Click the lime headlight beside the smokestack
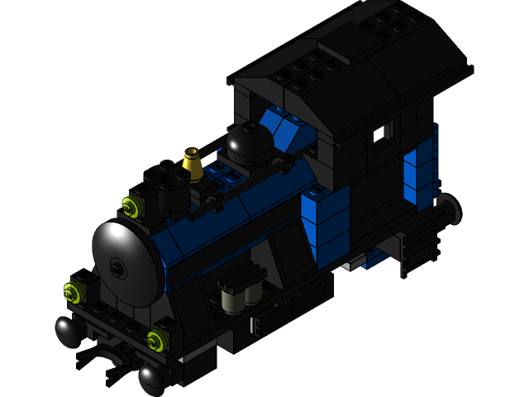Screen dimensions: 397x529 130,205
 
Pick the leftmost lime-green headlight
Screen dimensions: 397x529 73,291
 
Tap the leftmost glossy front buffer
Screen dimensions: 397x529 68,332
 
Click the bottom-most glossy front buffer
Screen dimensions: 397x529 151,380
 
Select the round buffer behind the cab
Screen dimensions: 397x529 449,210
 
